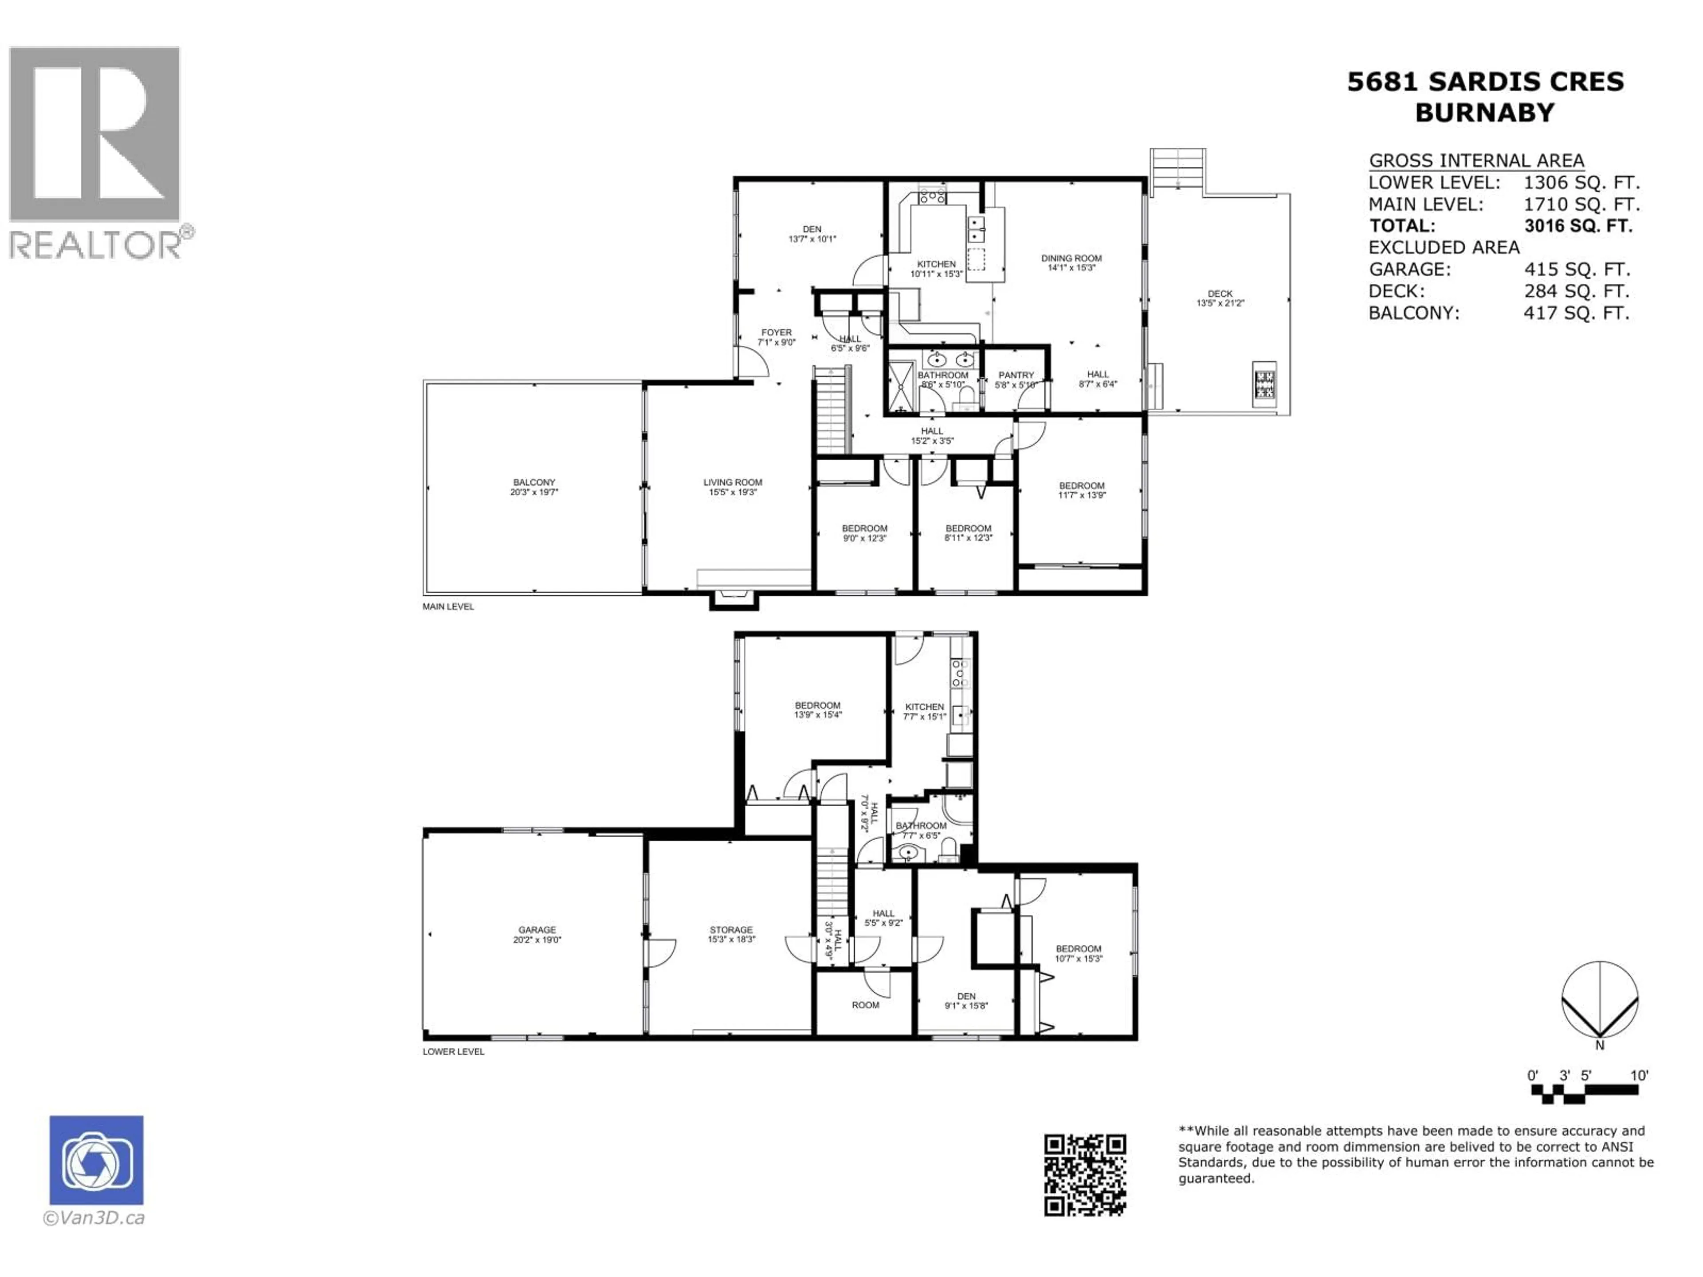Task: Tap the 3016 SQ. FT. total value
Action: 1577,226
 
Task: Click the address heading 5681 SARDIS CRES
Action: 1485,82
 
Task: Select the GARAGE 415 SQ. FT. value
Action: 1577,270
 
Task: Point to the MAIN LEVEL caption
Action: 448,607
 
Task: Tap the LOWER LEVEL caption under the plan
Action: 453,1051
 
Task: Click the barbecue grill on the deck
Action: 1264,383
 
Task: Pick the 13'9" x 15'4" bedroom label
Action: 818,710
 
